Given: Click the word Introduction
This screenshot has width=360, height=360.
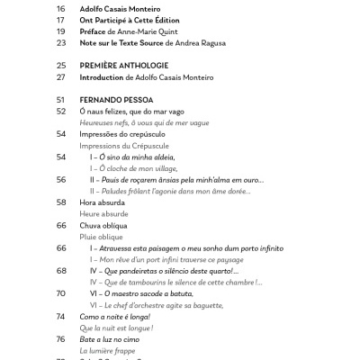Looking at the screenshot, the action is tap(103, 77).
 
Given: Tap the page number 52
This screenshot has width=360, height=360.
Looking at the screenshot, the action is tap(61, 112).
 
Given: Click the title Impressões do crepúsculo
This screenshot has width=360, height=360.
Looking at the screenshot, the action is tap(124, 134).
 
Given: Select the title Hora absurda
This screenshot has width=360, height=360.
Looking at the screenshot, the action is tap(103, 202).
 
